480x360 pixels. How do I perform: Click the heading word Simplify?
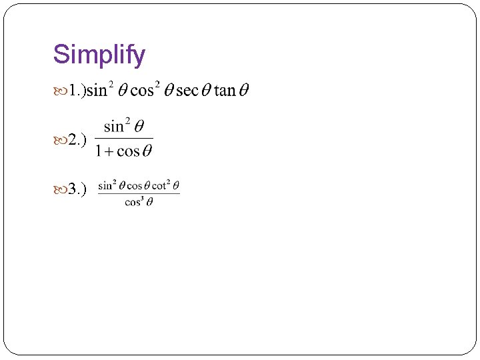coord(99,55)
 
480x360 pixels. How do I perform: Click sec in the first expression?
coord(187,91)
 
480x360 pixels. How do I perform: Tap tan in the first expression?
coord(225,91)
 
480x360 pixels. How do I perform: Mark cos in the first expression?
coord(141,91)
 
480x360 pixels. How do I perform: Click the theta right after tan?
coord(244,91)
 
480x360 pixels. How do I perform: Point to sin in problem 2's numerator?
coord(113,127)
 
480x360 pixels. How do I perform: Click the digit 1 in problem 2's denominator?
coord(99,151)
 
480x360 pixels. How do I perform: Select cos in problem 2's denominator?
coord(127,151)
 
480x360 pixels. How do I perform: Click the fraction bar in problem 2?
coord(123,139)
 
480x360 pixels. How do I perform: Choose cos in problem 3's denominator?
coord(133,202)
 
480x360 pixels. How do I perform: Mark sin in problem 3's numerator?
coord(105,185)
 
